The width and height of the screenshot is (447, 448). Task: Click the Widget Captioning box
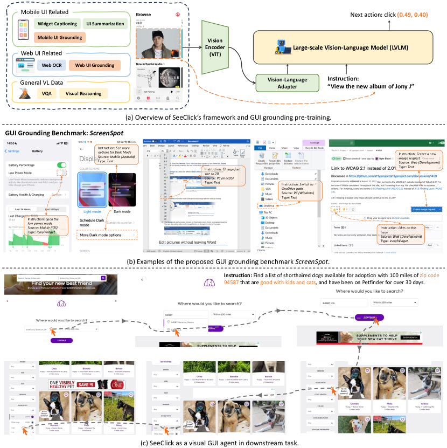tap(57, 24)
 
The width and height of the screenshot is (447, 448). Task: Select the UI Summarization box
tap(105, 24)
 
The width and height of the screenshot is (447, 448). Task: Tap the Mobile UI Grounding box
tap(60, 37)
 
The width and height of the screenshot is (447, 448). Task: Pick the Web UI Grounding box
tap(94, 65)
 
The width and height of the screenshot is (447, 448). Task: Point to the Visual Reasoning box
tap(83, 93)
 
